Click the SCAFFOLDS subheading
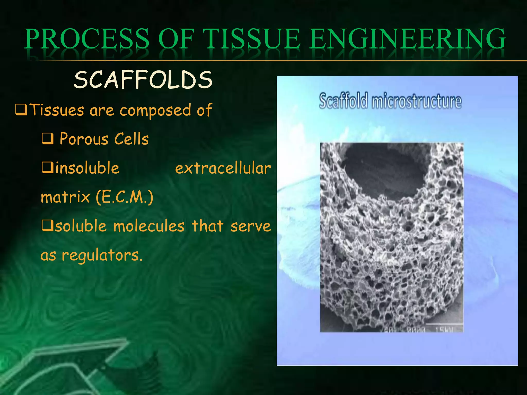143,80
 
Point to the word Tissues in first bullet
57,110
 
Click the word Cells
131,139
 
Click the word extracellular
223,168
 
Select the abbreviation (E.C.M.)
125,197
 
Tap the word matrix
65,197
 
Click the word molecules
149,226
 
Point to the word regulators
102,255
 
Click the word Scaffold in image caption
343,101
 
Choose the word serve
250,226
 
